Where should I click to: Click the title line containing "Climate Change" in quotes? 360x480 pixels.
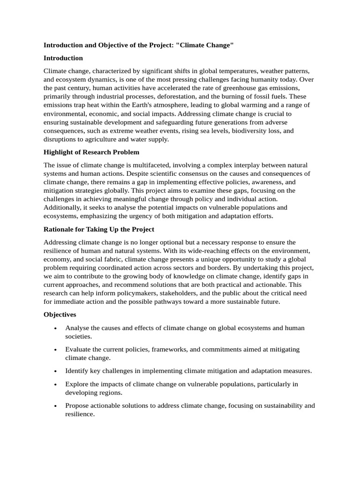click(138, 45)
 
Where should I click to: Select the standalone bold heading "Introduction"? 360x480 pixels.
click(63, 58)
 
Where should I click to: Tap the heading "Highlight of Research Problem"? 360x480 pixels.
click(91, 152)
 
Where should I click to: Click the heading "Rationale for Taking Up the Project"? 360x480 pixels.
click(98, 229)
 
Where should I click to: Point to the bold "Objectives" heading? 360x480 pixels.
click(60, 315)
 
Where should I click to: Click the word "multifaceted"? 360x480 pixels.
click(147, 165)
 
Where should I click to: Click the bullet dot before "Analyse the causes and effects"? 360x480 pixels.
click(56, 328)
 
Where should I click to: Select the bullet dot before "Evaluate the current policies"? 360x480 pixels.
click(56, 350)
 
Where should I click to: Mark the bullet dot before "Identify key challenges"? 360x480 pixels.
click(56, 371)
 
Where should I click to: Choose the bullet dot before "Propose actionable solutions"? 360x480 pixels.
click(56, 406)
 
